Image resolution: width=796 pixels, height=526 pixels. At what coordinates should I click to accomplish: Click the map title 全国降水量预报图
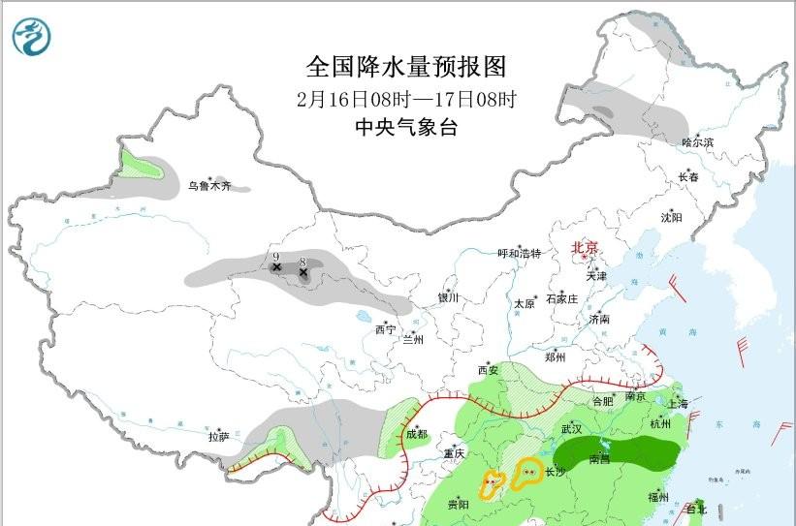406,67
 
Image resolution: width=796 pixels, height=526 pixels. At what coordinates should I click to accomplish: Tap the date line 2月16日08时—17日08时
405,98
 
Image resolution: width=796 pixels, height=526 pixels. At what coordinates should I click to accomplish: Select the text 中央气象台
405,127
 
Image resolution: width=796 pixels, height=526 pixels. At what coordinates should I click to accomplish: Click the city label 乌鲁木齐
209,185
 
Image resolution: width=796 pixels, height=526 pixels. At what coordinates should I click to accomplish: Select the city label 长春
688,177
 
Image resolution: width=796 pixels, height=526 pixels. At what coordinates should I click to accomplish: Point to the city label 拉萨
219,437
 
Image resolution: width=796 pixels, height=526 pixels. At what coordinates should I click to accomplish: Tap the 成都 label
415,435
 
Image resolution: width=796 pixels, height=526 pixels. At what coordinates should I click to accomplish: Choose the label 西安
487,370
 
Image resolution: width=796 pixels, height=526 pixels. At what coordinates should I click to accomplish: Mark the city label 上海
677,403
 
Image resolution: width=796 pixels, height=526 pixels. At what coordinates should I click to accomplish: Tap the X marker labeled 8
303,272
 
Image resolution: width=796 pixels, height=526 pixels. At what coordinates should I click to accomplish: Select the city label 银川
447,298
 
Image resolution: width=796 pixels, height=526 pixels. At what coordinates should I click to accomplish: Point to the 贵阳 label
459,505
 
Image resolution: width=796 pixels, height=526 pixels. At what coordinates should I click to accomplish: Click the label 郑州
556,356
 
